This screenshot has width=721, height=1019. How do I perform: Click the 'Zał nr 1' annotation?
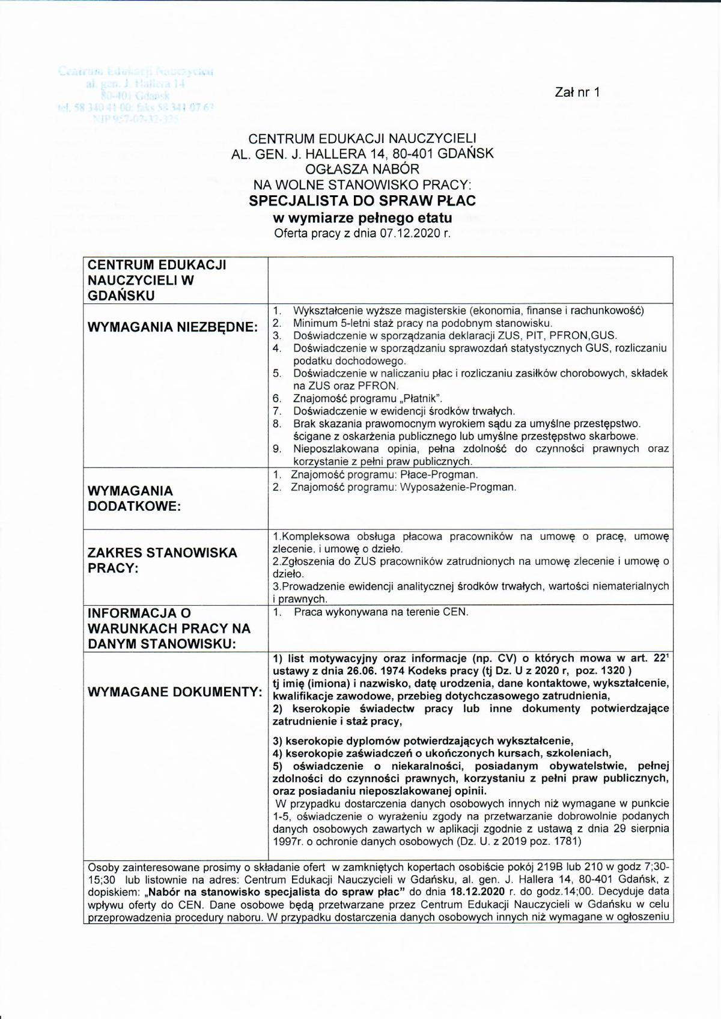coord(577,92)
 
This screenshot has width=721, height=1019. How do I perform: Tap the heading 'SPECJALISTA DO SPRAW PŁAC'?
coord(362,201)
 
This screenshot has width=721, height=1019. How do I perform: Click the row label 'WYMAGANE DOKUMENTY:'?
coord(175,692)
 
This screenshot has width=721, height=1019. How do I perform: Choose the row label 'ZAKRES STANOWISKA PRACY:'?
coord(162,560)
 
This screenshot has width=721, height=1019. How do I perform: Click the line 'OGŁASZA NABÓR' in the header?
coord(362,169)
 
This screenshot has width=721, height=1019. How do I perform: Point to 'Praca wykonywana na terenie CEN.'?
coord(381,612)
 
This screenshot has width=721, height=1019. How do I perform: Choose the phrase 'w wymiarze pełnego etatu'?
coord(362,217)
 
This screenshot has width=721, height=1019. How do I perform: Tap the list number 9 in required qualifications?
coord(277,449)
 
